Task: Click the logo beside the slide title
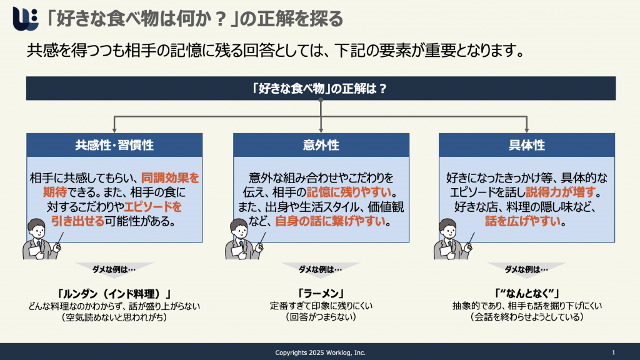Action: click(x=25, y=18)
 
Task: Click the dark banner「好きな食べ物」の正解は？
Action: click(x=321, y=88)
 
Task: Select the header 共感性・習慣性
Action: click(x=114, y=145)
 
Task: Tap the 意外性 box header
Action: click(x=321, y=145)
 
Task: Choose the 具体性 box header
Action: click(x=526, y=145)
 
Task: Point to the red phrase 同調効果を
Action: click(x=170, y=178)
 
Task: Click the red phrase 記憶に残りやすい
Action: click(x=349, y=192)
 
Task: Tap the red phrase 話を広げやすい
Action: click(x=522, y=221)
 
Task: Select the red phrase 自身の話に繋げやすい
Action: click(x=330, y=221)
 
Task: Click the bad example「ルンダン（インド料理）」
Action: click(x=114, y=294)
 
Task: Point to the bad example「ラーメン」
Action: click(x=321, y=294)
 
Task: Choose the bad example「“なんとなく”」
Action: click(x=526, y=294)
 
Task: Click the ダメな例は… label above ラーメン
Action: click(x=321, y=269)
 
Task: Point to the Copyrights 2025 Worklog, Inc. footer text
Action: click(x=321, y=352)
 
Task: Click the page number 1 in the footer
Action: click(x=614, y=352)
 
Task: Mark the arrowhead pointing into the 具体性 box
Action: click(x=526, y=130)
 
